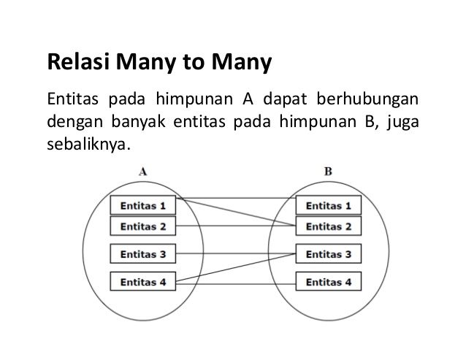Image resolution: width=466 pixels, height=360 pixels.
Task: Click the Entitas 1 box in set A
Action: tap(143, 205)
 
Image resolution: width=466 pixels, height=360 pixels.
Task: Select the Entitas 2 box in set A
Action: tap(143, 226)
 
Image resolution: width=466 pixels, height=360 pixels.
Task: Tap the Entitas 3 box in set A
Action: tap(143, 255)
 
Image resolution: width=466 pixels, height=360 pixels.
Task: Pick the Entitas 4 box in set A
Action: tap(143, 281)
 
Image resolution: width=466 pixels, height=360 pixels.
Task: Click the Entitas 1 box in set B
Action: tap(328, 205)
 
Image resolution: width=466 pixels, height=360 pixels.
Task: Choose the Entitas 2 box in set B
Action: tap(328, 226)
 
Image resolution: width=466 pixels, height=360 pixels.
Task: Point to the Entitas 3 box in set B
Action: tap(328, 255)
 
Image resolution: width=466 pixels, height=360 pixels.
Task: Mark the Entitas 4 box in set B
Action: tap(328, 281)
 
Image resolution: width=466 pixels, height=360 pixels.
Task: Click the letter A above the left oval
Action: tap(143, 172)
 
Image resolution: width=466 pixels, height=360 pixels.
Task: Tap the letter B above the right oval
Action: tap(328, 172)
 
